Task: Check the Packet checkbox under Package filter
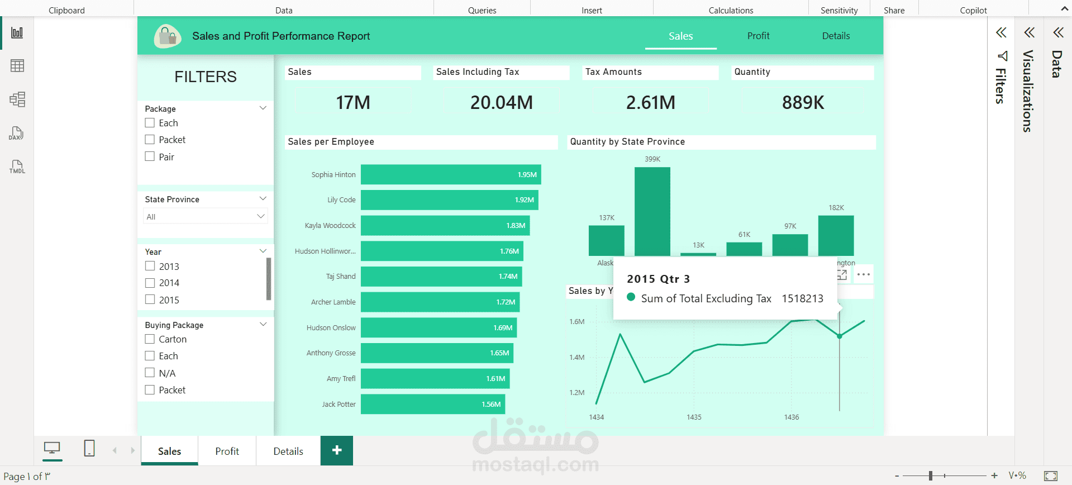[x=150, y=140]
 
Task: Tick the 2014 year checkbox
[x=150, y=283]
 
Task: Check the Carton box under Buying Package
[x=150, y=339]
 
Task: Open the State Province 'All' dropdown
[x=205, y=216]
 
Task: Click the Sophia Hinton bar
[x=450, y=174]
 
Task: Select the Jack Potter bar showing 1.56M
[x=432, y=404]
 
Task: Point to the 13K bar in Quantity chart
[x=698, y=254]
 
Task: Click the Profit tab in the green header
[x=758, y=36]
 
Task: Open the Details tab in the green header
[x=836, y=36]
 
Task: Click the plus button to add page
[x=337, y=450]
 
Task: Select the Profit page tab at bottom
[x=227, y=451]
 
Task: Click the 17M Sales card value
[x=353, y=103]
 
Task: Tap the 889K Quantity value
[x=803, y=103]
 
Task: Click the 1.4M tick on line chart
[x=577, y=357]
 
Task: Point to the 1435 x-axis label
[x=694, y=417]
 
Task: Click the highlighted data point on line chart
[x=839, y=336]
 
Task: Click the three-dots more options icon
[x=863, y=274]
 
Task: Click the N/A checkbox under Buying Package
[x=150, y=373]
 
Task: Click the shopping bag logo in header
[x=167, y=36]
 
